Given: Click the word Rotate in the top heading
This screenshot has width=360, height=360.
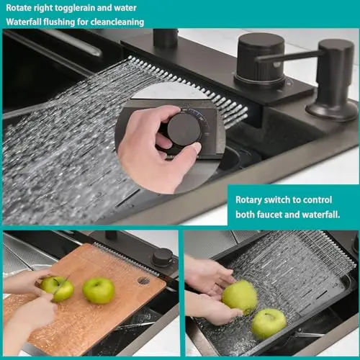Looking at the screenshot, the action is [19, 8].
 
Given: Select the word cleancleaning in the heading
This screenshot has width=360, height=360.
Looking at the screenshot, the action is [117, 22].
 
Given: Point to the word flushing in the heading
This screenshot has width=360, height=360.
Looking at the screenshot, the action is [59, 22].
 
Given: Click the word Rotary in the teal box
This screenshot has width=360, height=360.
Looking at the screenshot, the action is [248, 200].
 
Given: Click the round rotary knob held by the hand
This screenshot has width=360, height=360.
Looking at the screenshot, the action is [183, 130].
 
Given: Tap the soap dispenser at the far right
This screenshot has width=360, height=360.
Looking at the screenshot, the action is [333, 79].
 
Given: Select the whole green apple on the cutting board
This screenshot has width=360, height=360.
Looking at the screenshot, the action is [99, 290].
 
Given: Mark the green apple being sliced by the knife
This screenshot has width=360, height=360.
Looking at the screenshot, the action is [58, 289].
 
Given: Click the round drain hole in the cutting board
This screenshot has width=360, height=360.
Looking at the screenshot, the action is [144, 281].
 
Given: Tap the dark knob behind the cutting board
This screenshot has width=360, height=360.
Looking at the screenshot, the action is [163, 258].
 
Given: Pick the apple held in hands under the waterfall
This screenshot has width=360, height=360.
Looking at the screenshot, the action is [240, 297].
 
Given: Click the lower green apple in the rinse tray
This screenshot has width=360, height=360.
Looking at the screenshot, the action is [269, 324].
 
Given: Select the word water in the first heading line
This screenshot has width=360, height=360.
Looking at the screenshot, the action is [125, 8].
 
